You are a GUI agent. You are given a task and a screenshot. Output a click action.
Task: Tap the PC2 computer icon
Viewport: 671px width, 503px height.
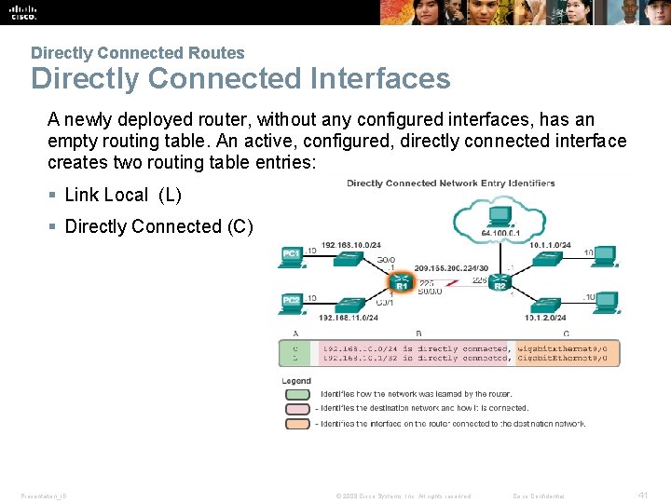pos(292,302)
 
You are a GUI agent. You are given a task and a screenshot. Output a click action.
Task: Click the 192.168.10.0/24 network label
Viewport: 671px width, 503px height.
pos(350,247)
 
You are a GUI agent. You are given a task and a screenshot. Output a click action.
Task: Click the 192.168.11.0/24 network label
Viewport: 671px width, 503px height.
pos(350,318)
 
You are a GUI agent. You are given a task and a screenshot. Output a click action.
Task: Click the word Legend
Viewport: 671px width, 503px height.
pos(296,381)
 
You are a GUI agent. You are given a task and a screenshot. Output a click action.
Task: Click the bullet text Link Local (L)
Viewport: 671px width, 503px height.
pos(123,195)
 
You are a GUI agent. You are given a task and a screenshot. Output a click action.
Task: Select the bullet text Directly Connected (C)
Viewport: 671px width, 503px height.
pos(158,226)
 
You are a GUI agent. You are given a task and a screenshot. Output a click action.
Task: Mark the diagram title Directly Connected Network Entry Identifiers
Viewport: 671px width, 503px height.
pos(450,184)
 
